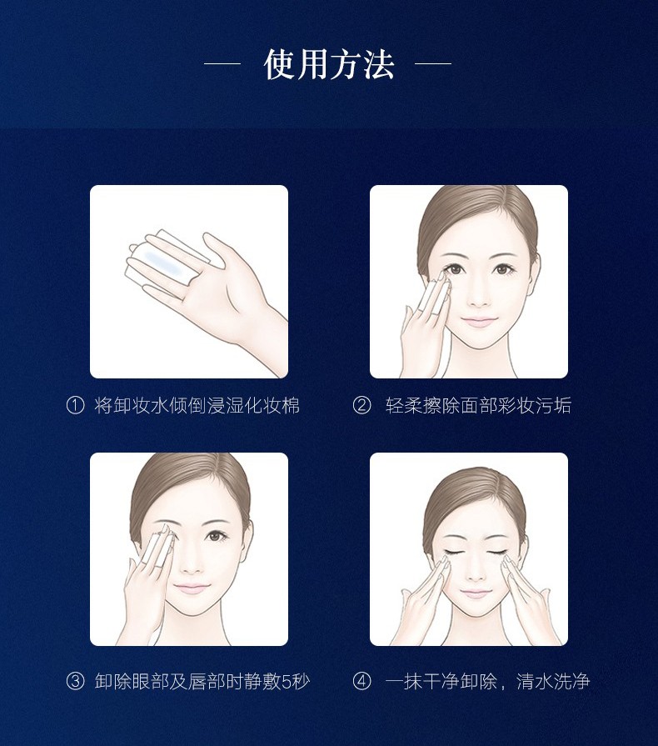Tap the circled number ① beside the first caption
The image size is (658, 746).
tap(75, 406)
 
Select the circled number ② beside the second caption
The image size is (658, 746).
tap(361, 406)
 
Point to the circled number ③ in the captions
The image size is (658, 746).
tap(75, 681)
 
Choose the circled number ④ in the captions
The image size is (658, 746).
tap(361, 681)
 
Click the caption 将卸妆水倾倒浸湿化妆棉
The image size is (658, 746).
tap(197, 406)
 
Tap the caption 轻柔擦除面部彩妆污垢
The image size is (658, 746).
tap(478, 406)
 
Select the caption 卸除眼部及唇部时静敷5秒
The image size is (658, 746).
tap(202, 681)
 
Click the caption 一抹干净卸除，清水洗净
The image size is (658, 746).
tap(488, 681)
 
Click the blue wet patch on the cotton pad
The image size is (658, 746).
tap(163, 263)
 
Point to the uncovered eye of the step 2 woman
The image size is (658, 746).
tap(501, 270)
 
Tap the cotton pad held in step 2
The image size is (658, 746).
tap(434, 300)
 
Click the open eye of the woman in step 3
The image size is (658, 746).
tap(216, 536)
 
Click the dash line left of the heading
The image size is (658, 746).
tap(222, 63)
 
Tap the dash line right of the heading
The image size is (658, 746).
tap(432, 63)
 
